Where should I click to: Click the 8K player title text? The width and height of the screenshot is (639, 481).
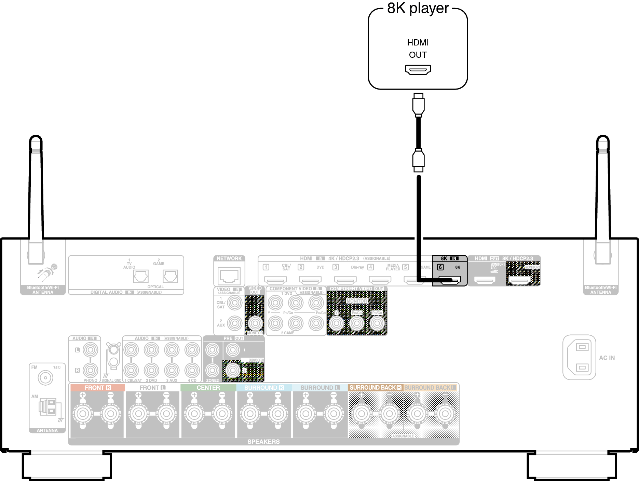tap(418, 8)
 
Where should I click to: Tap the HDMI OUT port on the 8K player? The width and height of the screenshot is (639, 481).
tap(418, 69)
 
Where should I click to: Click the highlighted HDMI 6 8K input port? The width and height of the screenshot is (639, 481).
tap(450, 280)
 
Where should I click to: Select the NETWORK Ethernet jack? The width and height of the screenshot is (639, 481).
tap(229, 276)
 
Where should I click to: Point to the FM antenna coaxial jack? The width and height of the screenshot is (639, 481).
tap(45, 378)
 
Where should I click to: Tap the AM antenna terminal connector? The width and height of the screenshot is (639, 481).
tap(48, 407)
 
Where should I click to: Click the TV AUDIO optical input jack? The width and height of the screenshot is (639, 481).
tap(141, 276)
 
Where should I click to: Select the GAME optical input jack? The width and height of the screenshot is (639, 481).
tap(170, 276)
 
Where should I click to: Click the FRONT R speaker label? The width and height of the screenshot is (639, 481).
tap(98, 388)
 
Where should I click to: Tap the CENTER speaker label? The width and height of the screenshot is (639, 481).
tap(208, 388)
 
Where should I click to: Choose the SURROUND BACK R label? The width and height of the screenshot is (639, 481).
tap(375, 388)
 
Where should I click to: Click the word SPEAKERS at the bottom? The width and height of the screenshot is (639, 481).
tap(263, 442)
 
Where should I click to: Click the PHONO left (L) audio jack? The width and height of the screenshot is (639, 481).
tap(90, 350)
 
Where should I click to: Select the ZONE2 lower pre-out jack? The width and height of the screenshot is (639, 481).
tap(212, 370)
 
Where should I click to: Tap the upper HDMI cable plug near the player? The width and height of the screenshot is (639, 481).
tap(418, 105)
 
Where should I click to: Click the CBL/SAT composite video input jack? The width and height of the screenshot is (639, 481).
tap(235, 303)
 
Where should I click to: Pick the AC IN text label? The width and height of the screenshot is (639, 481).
tap(607, 358)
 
